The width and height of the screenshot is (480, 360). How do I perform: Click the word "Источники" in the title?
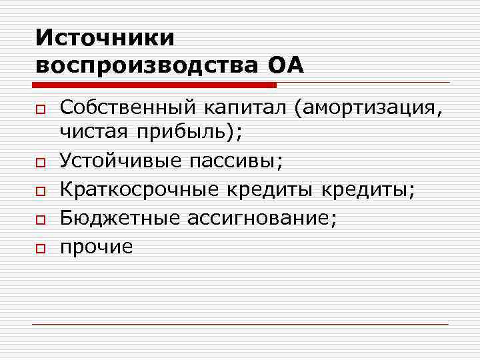point(105,37)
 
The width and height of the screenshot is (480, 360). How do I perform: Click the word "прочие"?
point(97,247)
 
